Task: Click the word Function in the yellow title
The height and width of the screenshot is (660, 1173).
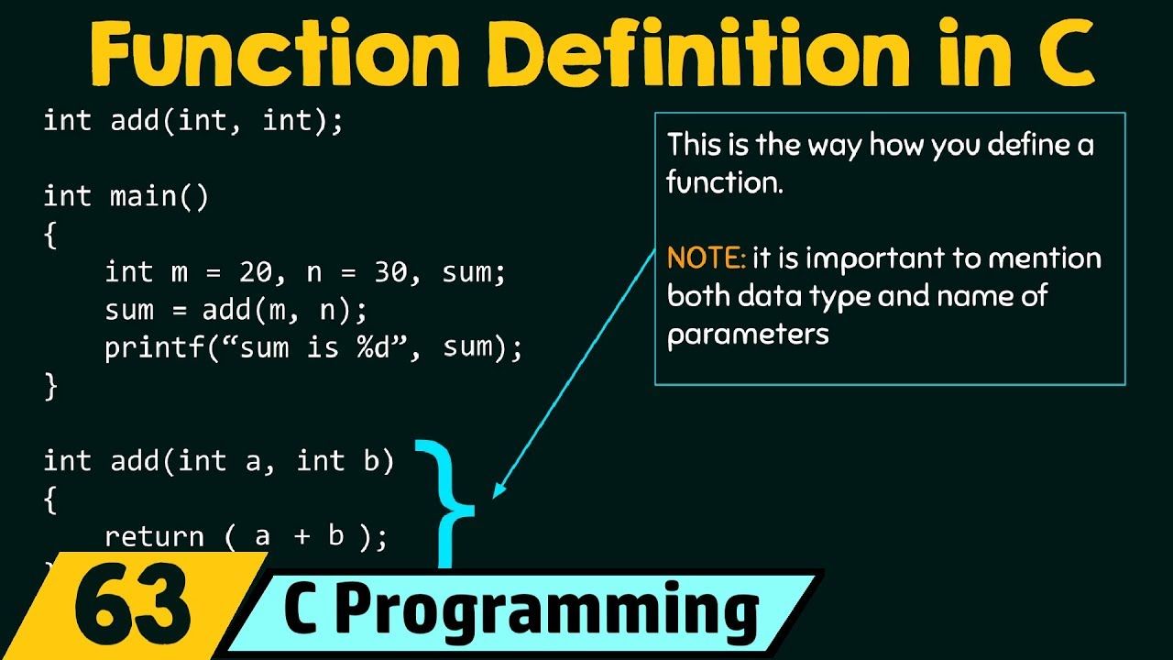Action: tap(275, 53)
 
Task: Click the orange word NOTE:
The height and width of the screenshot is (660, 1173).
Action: tap(706, 258)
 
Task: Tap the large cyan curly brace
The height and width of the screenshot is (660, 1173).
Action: tap(450, 504)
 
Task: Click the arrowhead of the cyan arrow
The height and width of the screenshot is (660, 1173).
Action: tap(499, 490)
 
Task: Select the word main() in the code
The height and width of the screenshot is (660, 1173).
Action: tap(159, 197)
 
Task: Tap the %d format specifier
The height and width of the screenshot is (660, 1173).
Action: tap(373, 347)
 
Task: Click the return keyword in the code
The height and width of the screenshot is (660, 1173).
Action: tap(154, 537)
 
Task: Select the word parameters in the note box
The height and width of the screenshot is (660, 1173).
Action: tap(748, 335)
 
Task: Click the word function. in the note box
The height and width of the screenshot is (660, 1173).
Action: tap(725, 181)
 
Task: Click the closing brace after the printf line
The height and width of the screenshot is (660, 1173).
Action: tap(50, 387)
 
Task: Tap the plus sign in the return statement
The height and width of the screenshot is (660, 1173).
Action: tap(302, 536)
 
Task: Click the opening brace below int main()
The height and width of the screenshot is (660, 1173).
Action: tap(50, 235)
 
